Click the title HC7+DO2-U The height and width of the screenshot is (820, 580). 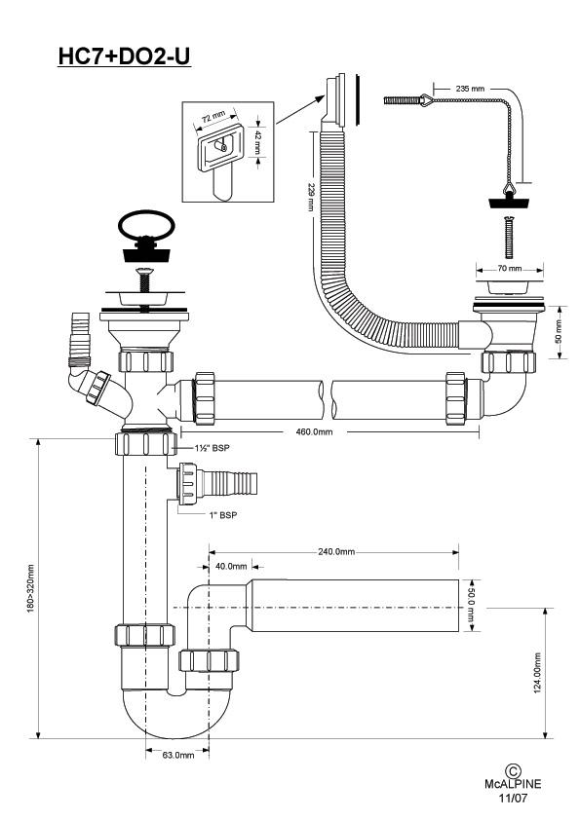click(x=124, y=56)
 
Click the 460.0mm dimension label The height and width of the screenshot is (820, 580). click(x=314, y=432)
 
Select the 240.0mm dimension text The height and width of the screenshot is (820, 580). click(x=336, y=552)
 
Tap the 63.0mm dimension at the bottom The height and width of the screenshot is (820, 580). click(x=178, y=755)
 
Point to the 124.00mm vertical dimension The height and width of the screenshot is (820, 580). click(x=537, y=673)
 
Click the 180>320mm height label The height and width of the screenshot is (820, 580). click(x=30, y=588)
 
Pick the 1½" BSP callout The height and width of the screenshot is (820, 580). click(x=212, y=448)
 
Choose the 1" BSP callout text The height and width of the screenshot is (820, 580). click(x=223, y=515)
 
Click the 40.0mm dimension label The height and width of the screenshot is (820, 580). click(x=231, y=567)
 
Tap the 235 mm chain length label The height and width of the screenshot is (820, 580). click(x=470, y=89)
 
